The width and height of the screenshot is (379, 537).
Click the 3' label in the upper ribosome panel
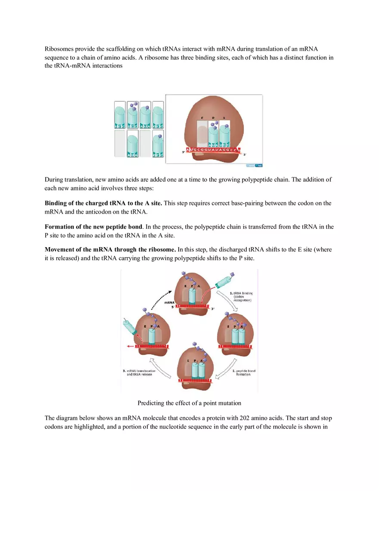click(x=245, y=155)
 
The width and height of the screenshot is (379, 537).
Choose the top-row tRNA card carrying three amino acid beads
click(x=133, y=115)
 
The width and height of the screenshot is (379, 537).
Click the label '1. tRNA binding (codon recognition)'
click(x=241, y=297)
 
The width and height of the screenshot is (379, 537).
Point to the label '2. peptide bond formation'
click(x=243, y=372)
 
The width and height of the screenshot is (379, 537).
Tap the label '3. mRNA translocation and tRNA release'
click(x=140, y=372)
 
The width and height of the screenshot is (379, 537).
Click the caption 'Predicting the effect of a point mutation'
click(x=189, y=403)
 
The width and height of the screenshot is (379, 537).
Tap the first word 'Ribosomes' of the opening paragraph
click(x=59, y=49)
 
